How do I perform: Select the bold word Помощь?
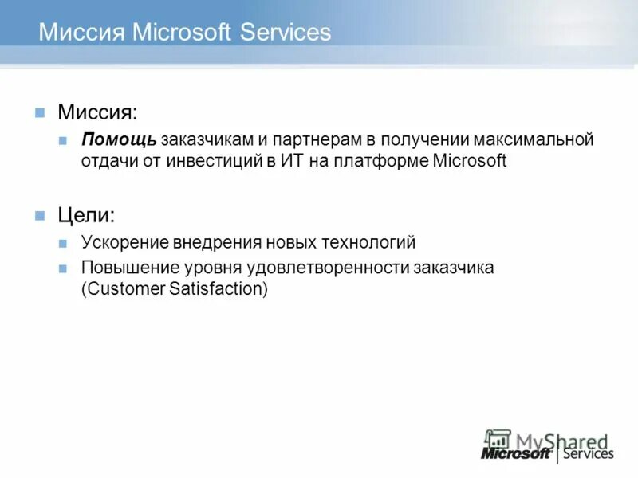coord(118,140)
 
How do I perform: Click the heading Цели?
coord(86,215)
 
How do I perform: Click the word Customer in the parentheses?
coord(125,288)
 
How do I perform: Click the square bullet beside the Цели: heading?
coord(40,216)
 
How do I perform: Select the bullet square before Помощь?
coord(64,141)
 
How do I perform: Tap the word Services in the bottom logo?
coord(589,453)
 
